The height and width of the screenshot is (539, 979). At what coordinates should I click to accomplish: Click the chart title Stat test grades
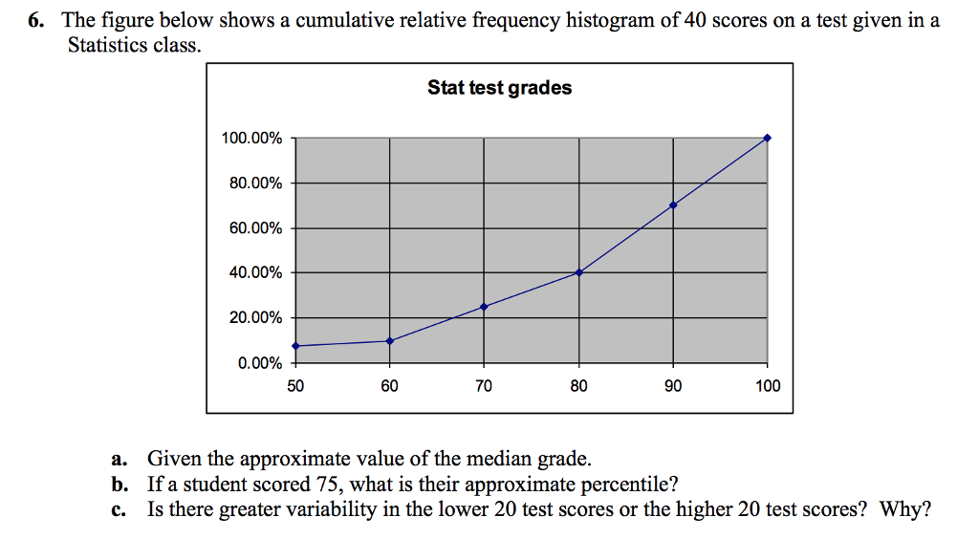[x=499, y=88]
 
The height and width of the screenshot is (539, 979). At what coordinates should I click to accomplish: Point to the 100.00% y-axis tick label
[x=251, y=139]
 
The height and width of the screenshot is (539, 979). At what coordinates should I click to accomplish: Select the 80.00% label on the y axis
[x=255, y=183]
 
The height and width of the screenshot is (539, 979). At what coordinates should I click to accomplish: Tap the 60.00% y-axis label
[x=255, y=228]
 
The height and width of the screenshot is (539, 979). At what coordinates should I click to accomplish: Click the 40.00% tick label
[x=255, y=273]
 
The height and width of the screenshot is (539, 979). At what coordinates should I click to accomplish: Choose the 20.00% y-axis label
[x=255, y=318]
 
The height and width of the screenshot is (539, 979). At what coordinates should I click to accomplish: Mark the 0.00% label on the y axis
[x=259, y=363]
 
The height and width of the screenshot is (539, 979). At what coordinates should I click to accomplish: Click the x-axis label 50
[x=294, y=386]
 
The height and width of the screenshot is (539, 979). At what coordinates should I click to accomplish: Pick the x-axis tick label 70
[x=484, y=386]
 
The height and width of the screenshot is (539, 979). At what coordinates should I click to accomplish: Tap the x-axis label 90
[x=673, y=386]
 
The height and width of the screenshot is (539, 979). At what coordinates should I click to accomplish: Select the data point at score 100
[x=767, y=138]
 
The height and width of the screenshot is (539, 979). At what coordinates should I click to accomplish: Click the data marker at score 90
[x=673, y=205]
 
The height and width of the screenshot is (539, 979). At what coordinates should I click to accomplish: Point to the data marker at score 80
[x=578, y=272]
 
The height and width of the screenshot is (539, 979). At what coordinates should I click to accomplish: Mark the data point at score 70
[x=484, y=307]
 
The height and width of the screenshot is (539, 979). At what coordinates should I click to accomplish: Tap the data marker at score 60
[x=389, y=340]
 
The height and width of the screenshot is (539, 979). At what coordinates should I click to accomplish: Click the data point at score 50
[x=295, y=346]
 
